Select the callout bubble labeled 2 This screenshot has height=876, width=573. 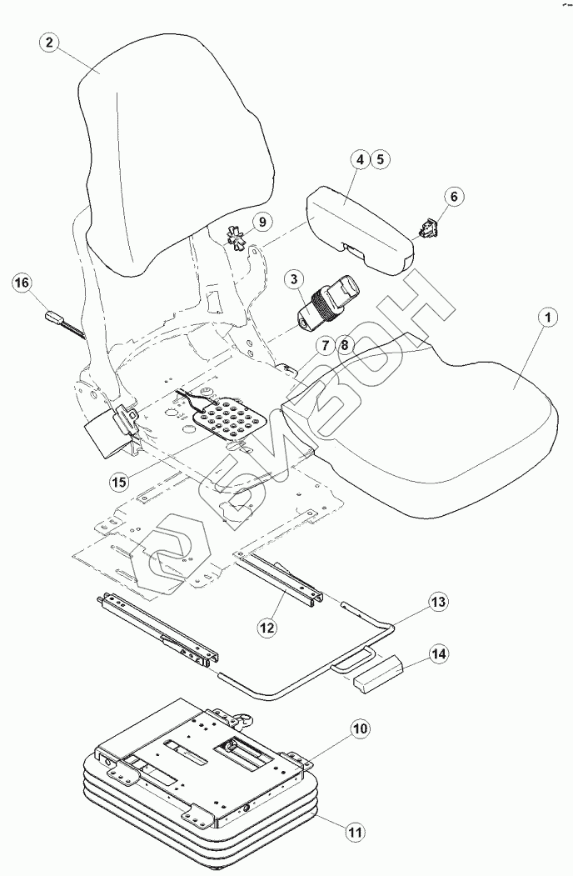tap(51, 44)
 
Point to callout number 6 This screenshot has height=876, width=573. tap(453, 198)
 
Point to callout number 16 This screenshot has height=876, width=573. tap(22, 283)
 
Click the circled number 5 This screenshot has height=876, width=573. tap(379, 158)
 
